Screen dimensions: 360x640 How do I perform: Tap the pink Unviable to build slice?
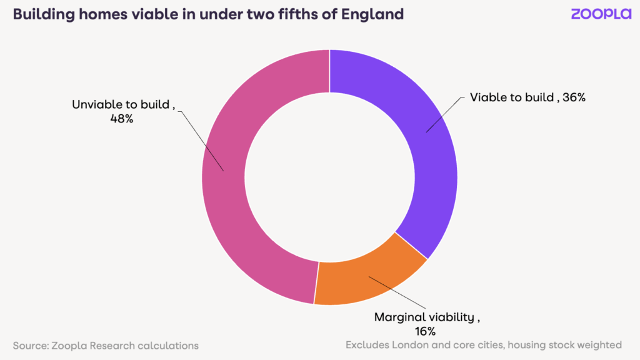(237, 187)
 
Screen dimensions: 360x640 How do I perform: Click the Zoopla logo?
(601, 14)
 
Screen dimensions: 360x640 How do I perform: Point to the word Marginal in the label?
(399, 317)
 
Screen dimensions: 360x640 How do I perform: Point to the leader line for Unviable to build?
(201, 140)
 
